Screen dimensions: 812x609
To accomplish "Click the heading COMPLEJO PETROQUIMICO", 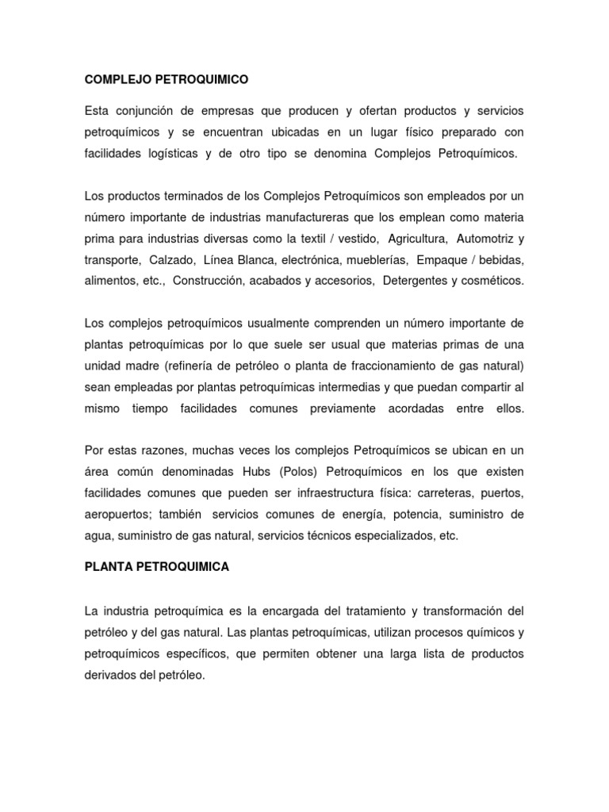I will [167, 79].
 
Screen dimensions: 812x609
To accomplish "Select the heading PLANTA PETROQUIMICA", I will [156, 568].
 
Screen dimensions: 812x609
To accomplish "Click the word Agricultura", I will [418, 238].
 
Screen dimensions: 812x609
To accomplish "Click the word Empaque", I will [447, 259].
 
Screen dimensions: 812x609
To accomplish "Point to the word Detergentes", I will [416, 281].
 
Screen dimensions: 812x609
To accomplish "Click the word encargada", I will [281, 611].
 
